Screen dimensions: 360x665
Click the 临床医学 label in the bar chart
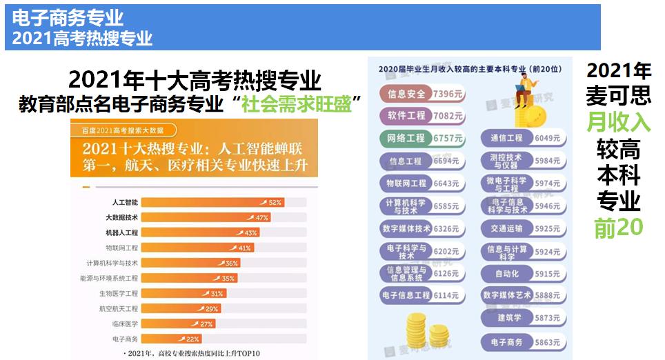(x=125, y=323)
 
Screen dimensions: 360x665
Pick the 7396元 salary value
(x=448, y=93)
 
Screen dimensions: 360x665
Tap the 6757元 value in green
(x=448, y=139)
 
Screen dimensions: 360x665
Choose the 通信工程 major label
(x=508, y=139)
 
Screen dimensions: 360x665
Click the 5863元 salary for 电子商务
(x=548, y=342)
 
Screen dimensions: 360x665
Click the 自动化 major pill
(x=508, y=273)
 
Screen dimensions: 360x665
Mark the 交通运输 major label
(x=508, y=228)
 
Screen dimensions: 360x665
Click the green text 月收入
(x=618, y=122)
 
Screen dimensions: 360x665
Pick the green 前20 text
(x=618, y=228)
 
